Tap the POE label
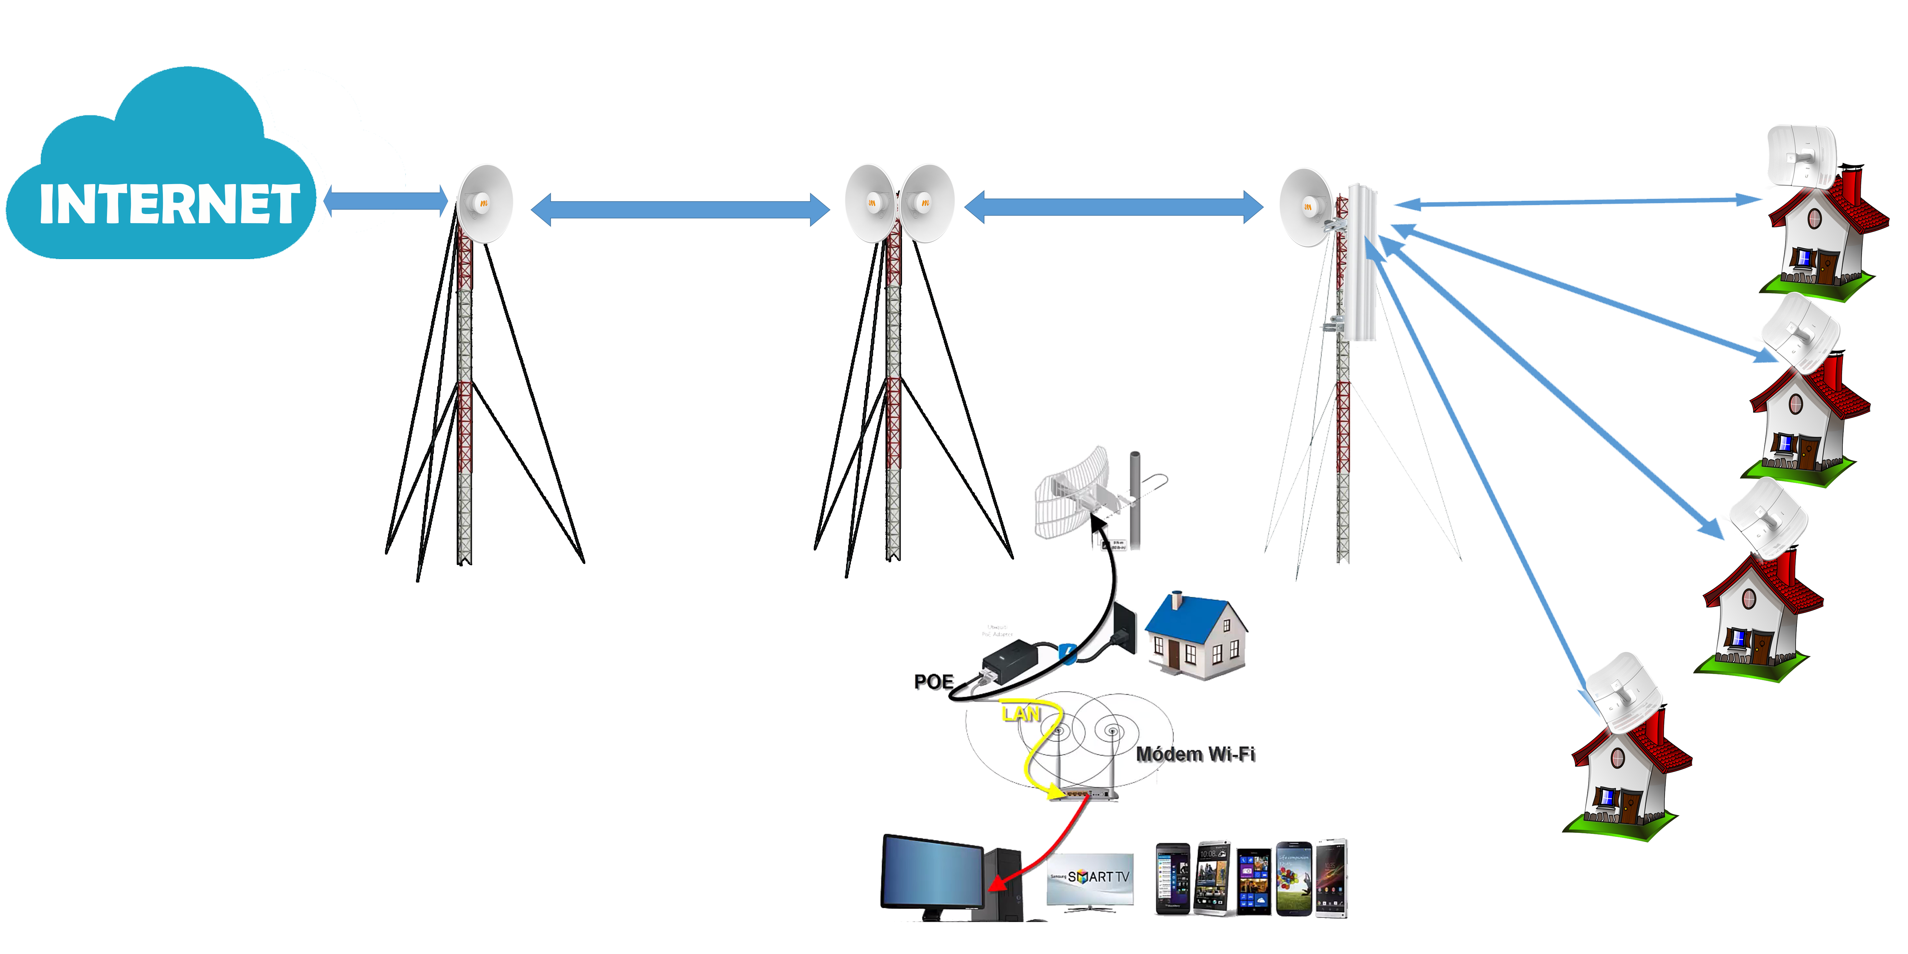pos(933,681)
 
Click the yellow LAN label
pos(1021,714)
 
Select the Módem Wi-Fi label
pos(1195,754)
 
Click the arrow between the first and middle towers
pos(680,210)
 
